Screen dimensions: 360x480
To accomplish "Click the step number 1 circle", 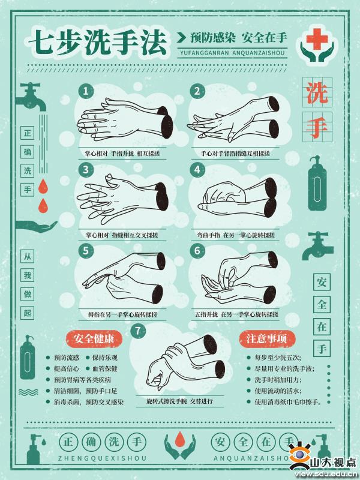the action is [x=86, y=91].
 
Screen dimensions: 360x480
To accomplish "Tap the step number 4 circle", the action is [x=197, y=170].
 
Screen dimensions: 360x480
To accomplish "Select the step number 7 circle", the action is [x=138, y=331].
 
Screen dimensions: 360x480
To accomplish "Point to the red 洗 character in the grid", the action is [x=317, y=92].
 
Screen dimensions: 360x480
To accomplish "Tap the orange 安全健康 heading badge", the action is [x=94, y=339].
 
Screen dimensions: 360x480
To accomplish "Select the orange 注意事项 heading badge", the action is [x=267, y=339].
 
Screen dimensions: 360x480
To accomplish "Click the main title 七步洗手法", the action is [x=98, y=42].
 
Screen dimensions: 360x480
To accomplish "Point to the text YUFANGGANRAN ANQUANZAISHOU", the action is [x=232, y=53].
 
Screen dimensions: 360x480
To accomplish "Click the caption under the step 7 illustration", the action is [x=179, y=401].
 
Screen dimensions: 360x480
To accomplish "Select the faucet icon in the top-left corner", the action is [x=31, y=98].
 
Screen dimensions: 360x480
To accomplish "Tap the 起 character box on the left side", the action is [x=28, y=313].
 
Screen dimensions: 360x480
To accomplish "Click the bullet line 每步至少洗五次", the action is [x=278, y=358].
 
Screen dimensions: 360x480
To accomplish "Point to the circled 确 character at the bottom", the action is [x=91, y=442].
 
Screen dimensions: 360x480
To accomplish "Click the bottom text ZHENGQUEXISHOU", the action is [x=102, y=458].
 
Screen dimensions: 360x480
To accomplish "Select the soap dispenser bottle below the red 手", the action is [x=317, y=183].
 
